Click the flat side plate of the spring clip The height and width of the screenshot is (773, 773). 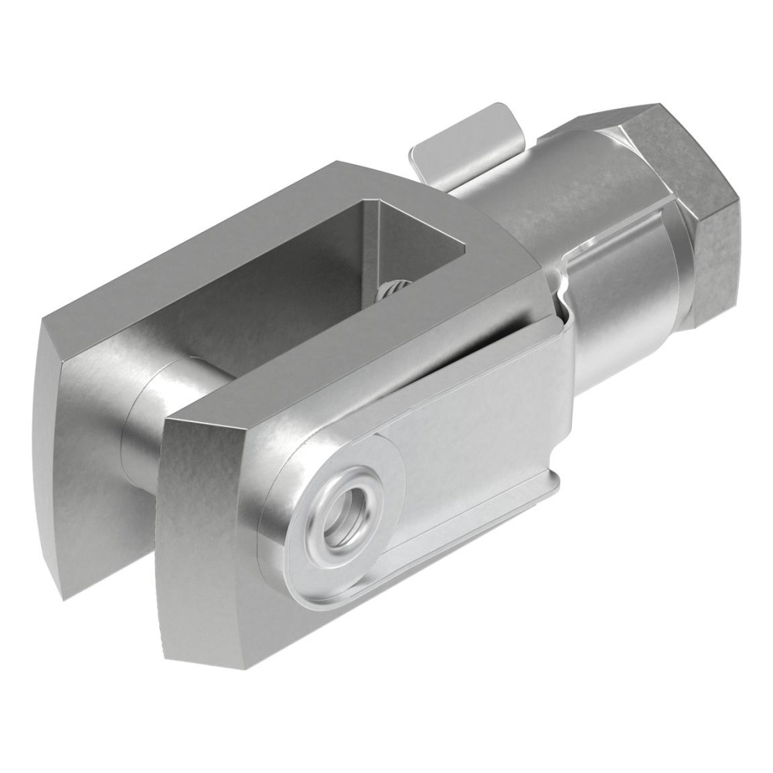(x=479, y=441)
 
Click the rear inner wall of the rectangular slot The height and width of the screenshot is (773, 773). (x=417, y=240)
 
